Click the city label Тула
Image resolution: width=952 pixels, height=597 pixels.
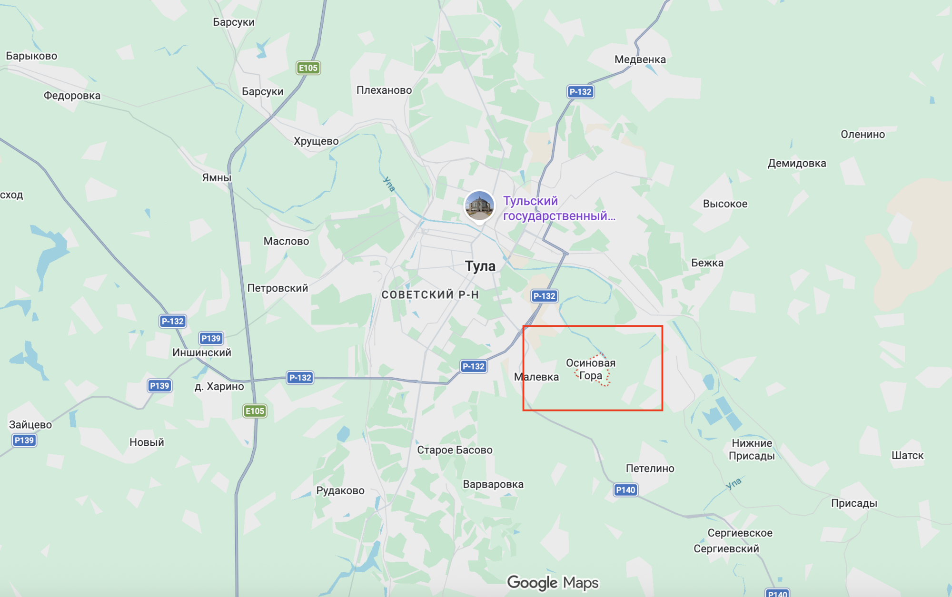point(480,266)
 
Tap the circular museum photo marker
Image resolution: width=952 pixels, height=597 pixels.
point(479,206)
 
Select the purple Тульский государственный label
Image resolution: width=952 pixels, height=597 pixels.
point(559,208)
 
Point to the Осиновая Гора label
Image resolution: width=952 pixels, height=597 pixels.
point(590,369)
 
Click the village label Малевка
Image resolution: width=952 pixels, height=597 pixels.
point(536,377)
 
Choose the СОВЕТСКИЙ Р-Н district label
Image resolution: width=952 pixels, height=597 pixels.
point(430,295)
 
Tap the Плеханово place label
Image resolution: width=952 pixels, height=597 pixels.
point(384,90)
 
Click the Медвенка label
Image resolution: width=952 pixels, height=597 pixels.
point(640,60)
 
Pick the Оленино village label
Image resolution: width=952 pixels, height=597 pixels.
point(863,135)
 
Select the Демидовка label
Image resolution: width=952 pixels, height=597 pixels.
point(797,164)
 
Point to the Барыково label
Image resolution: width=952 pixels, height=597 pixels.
point(31,56)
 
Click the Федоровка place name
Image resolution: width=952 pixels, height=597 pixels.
point(72,96)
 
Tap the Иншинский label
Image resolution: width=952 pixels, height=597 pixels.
point(202,352)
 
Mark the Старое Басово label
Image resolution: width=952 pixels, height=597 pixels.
point(455,450)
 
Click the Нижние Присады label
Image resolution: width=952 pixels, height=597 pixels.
point(752,450)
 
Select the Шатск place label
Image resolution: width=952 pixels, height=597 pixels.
point(907,456)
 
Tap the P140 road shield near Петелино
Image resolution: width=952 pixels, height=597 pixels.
point(625,490)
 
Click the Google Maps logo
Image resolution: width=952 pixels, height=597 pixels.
point(553,583)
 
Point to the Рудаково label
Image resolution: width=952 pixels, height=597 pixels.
point(340,491)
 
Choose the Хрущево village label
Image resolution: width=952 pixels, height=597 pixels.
point(316,141)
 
